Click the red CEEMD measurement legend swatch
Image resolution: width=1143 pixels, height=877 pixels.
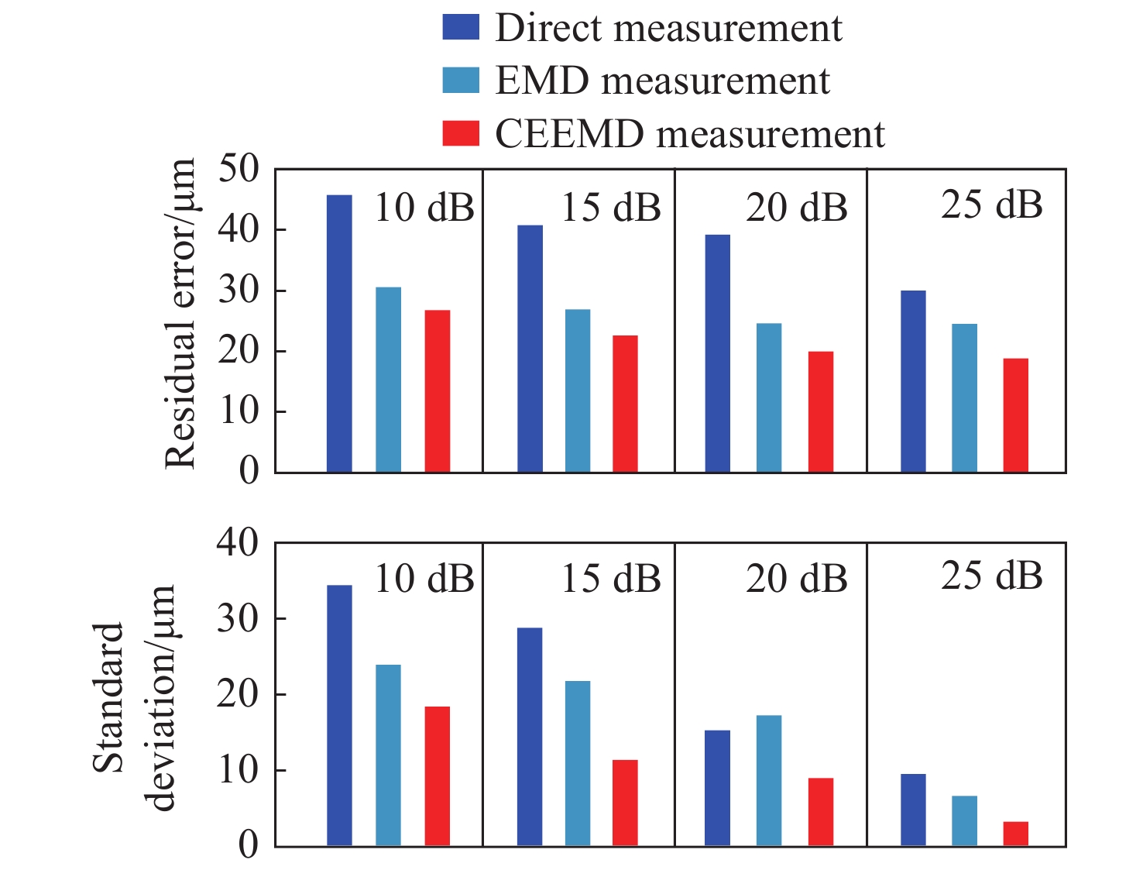[x=461, y=133]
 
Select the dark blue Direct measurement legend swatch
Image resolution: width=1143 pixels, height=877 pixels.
[x=461, y=27]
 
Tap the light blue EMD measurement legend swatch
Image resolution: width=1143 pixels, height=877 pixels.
[x=461, y=81]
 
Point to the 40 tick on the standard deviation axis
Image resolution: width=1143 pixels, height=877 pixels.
[x=239, y=543]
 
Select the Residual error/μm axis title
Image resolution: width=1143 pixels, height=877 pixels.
[x=180, y=314]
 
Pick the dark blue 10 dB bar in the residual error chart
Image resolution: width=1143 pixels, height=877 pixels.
[x=339, y=333]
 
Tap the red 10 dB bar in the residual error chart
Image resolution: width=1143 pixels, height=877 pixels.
[x=438, y=391]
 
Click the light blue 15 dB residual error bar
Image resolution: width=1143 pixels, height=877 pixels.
[x=578, y=390]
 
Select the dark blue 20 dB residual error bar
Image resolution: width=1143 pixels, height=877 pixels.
[x=718, y=353]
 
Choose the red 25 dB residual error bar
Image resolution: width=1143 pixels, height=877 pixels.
[x=1016, y=415]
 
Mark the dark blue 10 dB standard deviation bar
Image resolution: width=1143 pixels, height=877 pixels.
[x=339, y=715]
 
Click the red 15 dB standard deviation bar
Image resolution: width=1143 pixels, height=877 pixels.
[x=625, y=803]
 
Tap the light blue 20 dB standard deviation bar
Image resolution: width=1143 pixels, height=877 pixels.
[x=769, y=780]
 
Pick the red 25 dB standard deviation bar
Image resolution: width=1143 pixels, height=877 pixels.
[x=1016, y=834]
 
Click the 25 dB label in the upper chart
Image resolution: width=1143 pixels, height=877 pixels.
[x=992, y=205]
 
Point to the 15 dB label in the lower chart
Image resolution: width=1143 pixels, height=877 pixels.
[x=611, y=580]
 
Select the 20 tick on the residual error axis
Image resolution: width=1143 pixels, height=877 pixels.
[x=239, y=351]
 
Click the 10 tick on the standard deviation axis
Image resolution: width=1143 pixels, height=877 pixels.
[x=239, y=770]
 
